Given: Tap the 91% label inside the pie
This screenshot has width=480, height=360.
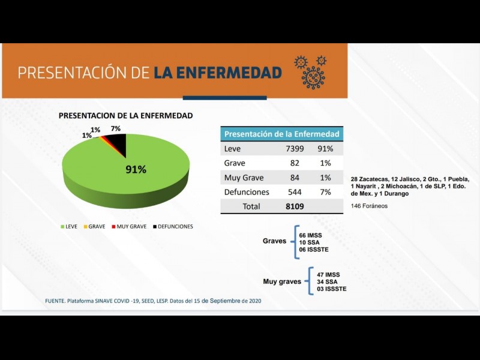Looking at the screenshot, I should pyautogui.click(x=136, y=169).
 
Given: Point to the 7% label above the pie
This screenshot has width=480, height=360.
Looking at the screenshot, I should pyautogui.click(x=116, y=128).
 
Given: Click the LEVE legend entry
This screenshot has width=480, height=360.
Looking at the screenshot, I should pyautogui.click(x=68, y=226).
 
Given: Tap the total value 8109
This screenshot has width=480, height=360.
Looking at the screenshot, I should pyautogui.click(x=295, y=206).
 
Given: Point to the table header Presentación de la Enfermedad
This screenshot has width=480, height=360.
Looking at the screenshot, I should pyautogui.click(x=281, y=134).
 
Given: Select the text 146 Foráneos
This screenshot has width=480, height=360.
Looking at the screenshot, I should pyautogui.click(x=369, y=206).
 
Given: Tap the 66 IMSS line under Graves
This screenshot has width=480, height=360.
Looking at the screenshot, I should pyautogui.click(x=311, y=235).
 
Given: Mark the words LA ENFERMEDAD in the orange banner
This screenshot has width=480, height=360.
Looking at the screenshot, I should pyautogui.click(x=217, y=73).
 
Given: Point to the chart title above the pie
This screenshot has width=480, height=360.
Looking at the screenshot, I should pyautogui.click(x=125, y=116).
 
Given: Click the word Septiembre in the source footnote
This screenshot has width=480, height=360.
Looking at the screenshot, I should pyautogui.click(x=221, y=301).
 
